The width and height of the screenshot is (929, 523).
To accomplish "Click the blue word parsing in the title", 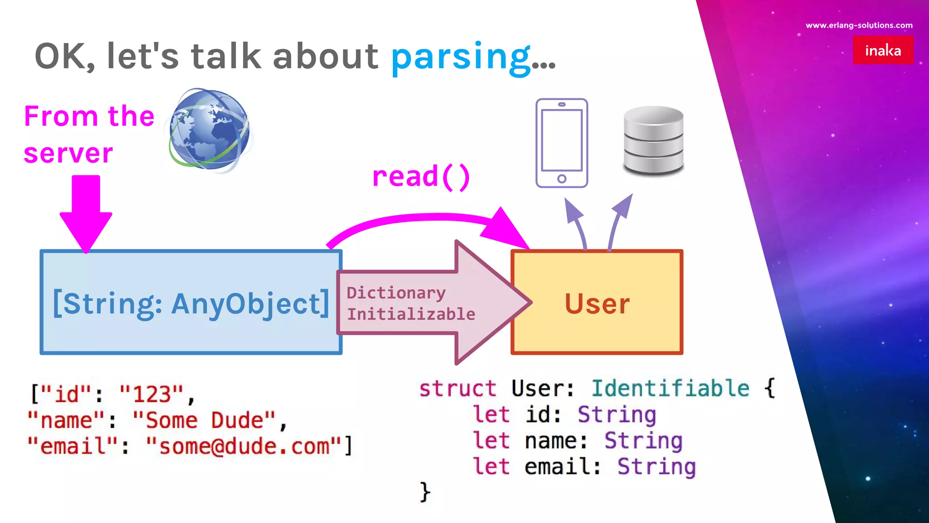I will [x=460, y=57].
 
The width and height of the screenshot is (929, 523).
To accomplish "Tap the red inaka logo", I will [x=883, y=50].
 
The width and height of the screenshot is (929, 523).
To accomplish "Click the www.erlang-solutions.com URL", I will [x=859, y=25].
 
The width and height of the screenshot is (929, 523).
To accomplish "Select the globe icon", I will [x=210, y=130].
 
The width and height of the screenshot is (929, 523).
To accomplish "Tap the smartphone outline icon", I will [x=562, y=143].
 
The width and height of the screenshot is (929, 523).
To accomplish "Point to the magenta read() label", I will [x=420, y=177].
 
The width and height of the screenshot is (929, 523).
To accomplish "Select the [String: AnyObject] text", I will [x=191, y=303].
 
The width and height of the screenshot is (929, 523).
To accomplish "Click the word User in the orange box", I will [x=597, y=303].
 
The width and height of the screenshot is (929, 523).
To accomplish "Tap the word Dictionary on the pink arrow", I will [x=396, y=293].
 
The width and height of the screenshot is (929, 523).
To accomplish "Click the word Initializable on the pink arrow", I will [x=411, y=314].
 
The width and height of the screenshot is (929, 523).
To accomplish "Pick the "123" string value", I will [x=152, y=394].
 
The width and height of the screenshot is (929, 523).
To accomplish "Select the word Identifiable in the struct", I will [x=670, y=389].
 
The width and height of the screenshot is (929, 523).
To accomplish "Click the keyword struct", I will [x=457, y=389].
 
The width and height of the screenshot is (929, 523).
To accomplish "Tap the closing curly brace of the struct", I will [x=425, y=492].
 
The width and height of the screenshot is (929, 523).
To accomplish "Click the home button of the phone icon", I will [x=562, y=179].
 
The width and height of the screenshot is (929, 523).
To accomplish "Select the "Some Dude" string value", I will [x=204, y=420].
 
